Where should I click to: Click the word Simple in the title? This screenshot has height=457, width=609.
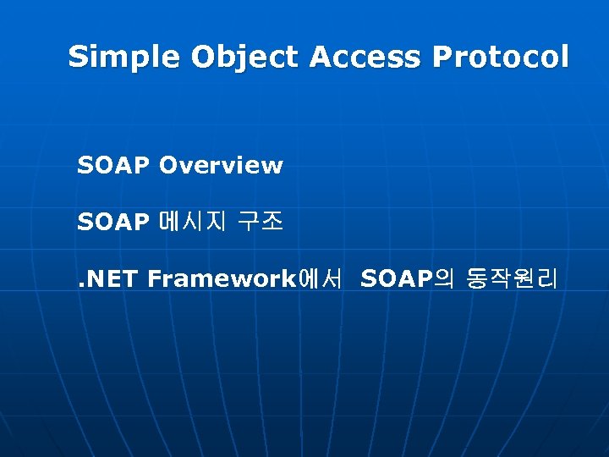click(x=124, y=58)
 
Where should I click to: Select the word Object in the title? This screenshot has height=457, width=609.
click(x=246, y=58)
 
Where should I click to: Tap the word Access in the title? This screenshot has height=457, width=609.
click(x=366, y=58)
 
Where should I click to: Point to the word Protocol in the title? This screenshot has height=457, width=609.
click(x=501, y=58)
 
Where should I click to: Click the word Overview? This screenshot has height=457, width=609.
click(x=220, y=166)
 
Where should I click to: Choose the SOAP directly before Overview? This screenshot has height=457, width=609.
click(x=113, y=166)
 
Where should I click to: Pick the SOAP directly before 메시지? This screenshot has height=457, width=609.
click(x=113, y=223)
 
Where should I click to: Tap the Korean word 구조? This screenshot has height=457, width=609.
click(x=260, y=223)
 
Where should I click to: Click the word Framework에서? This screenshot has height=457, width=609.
click(x=244, y=279)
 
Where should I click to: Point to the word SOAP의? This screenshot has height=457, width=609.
click(x=408, y=279)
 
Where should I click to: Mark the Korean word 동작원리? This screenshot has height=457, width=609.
click(x=512, y=279)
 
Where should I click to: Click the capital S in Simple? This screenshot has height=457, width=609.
click(x=78, y=58)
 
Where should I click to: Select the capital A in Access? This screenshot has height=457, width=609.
click(x=321, y=58)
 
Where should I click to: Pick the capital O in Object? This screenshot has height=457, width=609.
click(x=204, y=58)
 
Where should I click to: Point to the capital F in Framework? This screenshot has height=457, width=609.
click(x=154, y=279)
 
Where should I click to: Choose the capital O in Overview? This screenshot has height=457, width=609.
click(x=167, y=166)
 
